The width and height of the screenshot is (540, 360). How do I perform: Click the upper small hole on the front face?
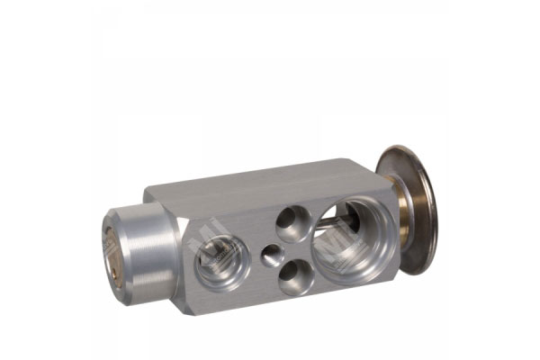[x=292, y=222]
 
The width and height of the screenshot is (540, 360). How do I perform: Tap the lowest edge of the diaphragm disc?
[x=423, y=274]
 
